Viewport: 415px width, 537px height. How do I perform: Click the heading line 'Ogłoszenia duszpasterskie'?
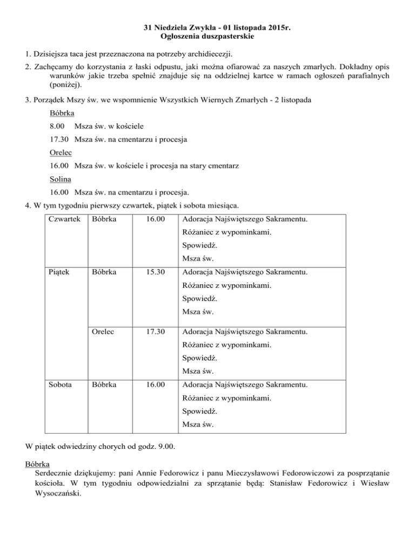point(208,37)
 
